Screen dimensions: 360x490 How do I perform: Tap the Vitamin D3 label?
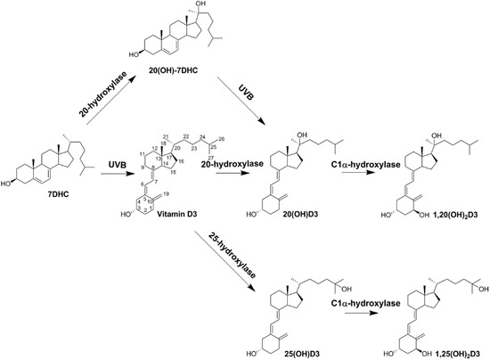(x=192, y=209)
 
